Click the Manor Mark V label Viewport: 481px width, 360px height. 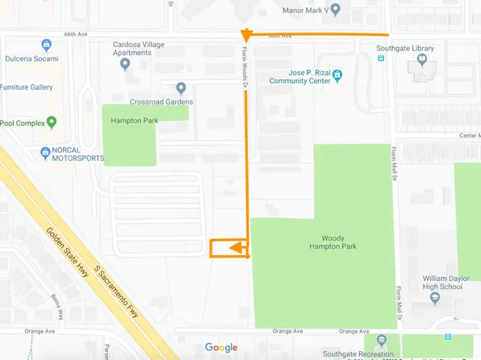[304, 10]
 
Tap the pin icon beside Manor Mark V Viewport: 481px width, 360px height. [336, 10]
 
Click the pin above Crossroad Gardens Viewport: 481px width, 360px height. [181, 88]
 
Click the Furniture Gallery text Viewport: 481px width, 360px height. [26, 87]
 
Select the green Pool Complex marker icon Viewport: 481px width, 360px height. [52, 123]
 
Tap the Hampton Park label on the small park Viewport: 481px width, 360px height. [134, 121]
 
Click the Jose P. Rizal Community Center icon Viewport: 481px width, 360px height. [338, 76]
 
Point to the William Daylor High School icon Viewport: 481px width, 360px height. [435, 298]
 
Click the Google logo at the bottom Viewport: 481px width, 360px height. [221, 348]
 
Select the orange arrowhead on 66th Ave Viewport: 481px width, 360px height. [246, 36]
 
